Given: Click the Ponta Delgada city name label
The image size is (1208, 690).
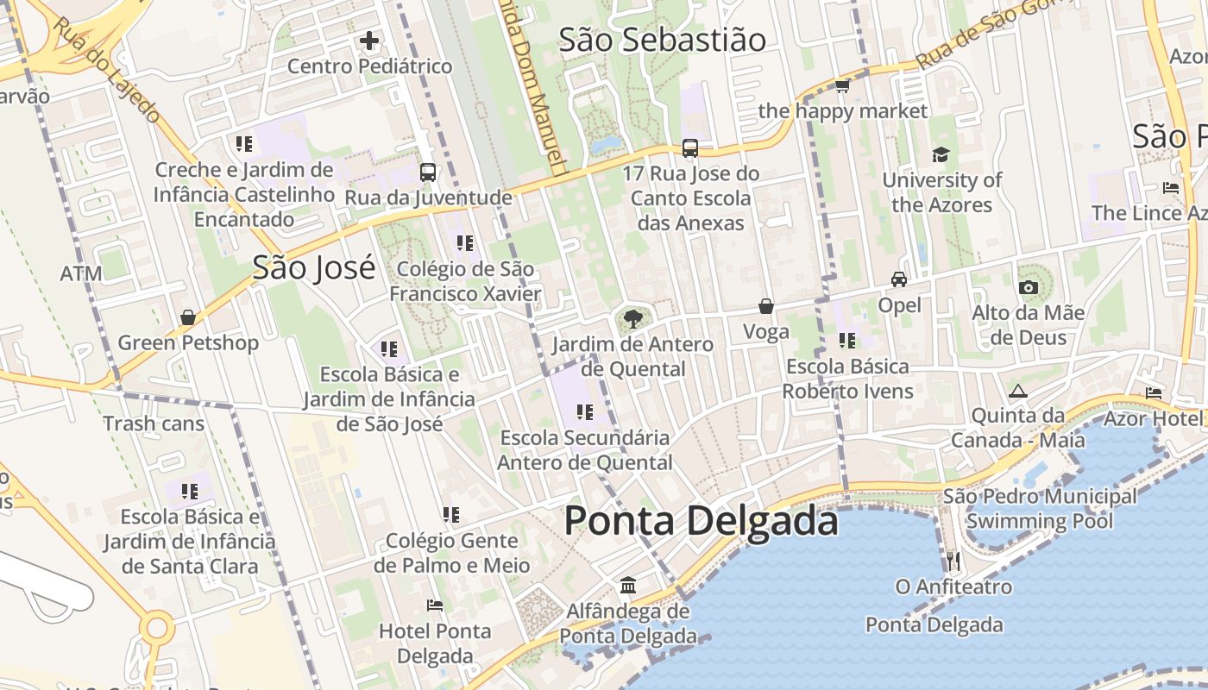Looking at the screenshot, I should coord(701,522).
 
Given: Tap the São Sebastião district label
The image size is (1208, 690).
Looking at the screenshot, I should coord(662,41).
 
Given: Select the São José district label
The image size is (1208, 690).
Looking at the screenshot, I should coord(314,267).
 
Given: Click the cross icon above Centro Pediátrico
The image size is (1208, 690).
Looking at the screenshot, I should coord(369,41).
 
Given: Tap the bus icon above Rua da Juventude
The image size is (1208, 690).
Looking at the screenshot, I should coord(428,172).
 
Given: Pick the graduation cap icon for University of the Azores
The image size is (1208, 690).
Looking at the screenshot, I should coord(941,154).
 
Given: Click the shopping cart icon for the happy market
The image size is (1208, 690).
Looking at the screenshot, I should coord(843,85).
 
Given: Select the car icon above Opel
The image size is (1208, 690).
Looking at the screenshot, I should coord(899,279).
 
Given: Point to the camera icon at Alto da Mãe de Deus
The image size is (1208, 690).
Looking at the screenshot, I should coord(1029,287).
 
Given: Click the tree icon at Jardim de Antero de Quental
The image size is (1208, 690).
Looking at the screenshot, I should coord(632,319).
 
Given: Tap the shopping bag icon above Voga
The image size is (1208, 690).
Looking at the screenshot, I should coord(766,306).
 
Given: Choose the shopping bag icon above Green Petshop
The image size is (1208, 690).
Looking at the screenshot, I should coord(188,317).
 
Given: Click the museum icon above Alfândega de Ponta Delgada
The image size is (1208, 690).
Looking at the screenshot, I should coord(628,586).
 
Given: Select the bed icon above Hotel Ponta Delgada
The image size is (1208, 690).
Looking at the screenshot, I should coord(435,605).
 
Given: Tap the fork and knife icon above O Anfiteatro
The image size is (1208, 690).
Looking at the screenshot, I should coord(953,561).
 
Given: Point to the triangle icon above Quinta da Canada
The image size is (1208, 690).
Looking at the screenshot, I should coord(1018,391).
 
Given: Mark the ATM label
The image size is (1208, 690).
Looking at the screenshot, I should coord(81,274).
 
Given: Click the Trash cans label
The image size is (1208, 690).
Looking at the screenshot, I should coord(154,423).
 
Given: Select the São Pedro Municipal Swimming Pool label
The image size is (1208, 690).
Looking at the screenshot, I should coord(1040,509).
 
